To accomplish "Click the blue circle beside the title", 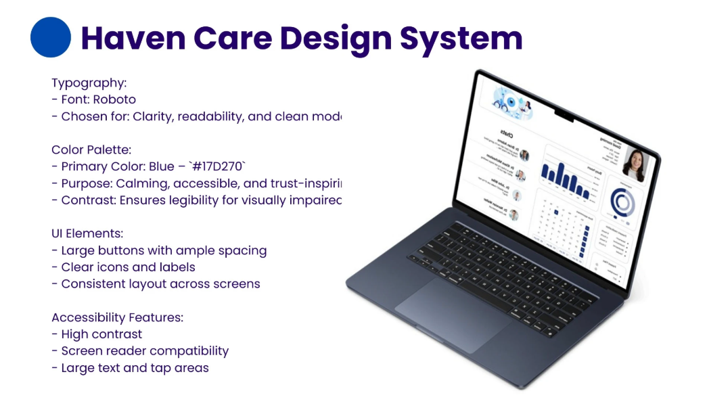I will click(x=51, y=37).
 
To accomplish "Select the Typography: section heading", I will click(x=89, y=83).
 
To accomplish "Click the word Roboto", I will click(x=114, y=99).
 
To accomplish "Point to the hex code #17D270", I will click(x=218, y=166).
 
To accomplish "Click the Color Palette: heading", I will click(x=91, y=150).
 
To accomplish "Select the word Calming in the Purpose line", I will click(x=139, y=183).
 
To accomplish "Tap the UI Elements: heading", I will click(x=87, y=233).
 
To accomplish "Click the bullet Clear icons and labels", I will click(x=128, y=267).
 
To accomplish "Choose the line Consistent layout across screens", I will click(x=160, y=283).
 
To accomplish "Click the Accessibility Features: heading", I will click(x=117, y=317).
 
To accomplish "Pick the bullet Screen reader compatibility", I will click(x=145, y=351).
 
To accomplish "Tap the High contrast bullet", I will click(x=101, y=334).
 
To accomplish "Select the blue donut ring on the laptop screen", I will click(x=622, y=202).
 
